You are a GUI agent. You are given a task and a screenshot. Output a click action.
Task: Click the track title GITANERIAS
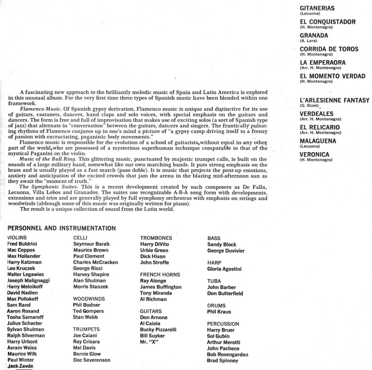[x=317, y=8]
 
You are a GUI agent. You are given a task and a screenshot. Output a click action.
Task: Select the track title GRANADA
[x=314, y=35]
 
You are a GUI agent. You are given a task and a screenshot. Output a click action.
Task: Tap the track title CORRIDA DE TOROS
[x=329, y=49]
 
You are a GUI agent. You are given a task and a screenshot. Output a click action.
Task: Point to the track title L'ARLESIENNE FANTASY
[x=335, y=100]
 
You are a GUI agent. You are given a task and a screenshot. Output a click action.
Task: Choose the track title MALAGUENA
[x=318, y=141]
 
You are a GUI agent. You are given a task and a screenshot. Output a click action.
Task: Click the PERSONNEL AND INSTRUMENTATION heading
[x=61, y=228]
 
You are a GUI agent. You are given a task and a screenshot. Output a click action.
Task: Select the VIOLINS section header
[x=17, y=238]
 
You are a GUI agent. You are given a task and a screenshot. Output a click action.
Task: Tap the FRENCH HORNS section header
[x=160, y=275]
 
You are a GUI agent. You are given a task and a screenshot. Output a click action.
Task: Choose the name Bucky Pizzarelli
[x=159, y=329]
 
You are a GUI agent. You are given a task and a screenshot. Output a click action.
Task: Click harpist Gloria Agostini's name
[x=224, y=269]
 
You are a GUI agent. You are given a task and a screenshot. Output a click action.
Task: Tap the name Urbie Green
[x=154, y=250]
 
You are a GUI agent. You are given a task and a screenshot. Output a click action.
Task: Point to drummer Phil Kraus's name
[x=219, y=312]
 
